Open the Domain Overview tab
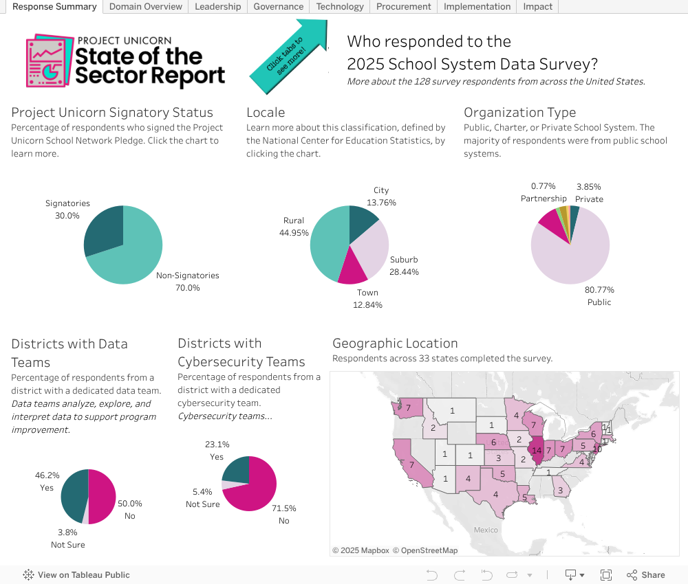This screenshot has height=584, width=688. tap(146, 7)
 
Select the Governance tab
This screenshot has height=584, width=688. tap(278, 7)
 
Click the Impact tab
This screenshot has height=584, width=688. tap(537, 7)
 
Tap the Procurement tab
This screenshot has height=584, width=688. tap(404, 7)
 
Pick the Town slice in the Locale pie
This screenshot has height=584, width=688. tap(352, 268)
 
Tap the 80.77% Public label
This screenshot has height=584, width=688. tap(599, 295)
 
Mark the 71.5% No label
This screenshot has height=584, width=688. tap(284, 515)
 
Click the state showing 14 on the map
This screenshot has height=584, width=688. tap(537, 451)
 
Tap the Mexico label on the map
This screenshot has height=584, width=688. tap(485, 530)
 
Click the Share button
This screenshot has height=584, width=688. tap(646, 575)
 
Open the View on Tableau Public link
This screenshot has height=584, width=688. tap(76, 575)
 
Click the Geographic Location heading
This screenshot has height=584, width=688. tap(395, 344)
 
